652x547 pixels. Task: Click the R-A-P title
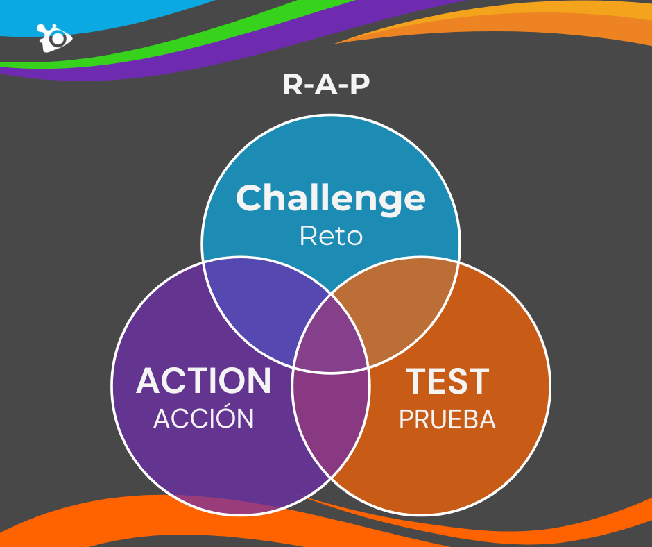(326, 85)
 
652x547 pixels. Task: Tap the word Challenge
(331, 199)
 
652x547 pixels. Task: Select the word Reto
(331, 235)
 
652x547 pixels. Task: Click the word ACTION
(203, 380)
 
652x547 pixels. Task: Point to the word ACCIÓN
(203, 416)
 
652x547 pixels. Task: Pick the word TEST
(447, 381)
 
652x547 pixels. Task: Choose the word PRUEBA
(447, 419)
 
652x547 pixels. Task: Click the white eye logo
(55, 38)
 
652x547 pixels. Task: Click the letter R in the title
(292, 85)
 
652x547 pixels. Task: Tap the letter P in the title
(360, 85)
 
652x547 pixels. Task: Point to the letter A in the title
(326, 85)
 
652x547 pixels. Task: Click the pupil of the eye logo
(58, 38)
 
